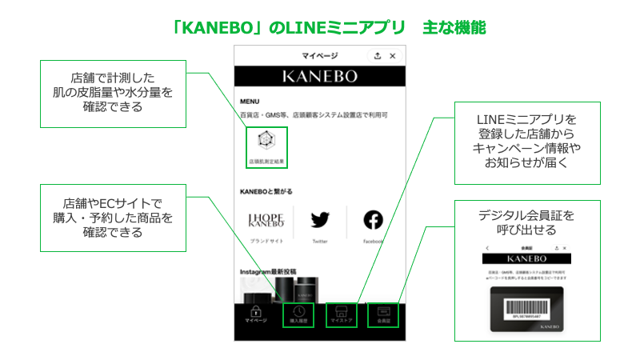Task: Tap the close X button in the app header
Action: pos(392,56)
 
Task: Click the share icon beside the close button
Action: pos(377,56)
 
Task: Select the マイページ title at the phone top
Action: pos(320,56)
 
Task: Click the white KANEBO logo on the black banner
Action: pos(320,77)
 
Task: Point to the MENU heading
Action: pos(250,102)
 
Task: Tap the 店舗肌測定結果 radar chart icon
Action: pos(266,142)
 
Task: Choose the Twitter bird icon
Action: pos(320,219)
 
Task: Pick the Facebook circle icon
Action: pos(373,219)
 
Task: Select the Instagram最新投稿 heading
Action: pos(268,272)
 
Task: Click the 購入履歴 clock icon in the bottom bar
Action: pos(298,311)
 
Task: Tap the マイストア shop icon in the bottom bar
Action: pos(341,311)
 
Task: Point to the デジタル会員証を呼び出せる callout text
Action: pos(526,222)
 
